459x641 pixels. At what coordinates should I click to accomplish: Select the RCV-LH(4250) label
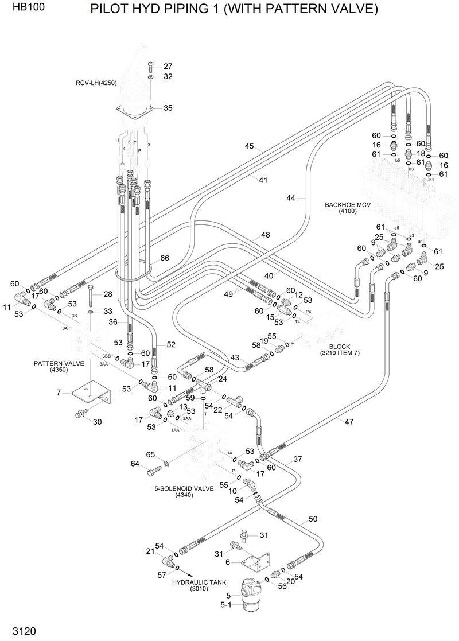point(96,83)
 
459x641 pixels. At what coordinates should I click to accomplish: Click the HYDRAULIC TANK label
point(199,581)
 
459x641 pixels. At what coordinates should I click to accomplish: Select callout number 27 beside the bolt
point(168,66)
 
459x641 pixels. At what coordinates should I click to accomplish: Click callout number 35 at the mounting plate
point(168,108)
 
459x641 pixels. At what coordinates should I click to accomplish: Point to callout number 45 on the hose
point(249,146)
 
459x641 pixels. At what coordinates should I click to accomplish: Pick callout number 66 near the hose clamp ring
point(164,258)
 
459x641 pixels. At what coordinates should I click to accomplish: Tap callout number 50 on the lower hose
point(313,519)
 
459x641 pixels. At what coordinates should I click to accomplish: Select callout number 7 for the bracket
point(59,392)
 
